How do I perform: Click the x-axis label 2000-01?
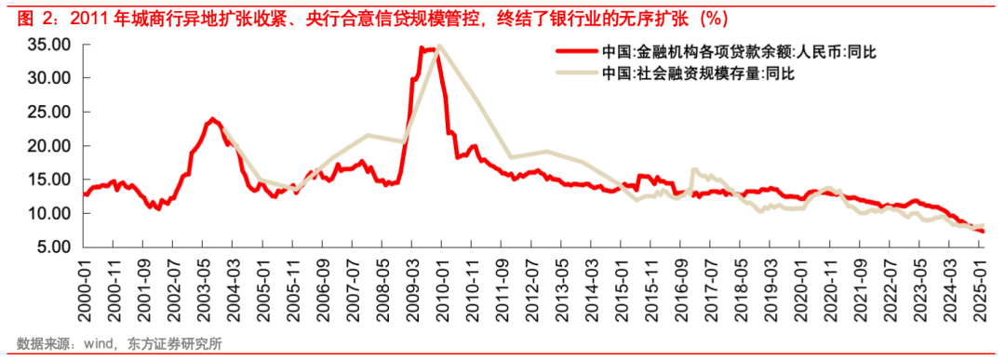coord(84,288)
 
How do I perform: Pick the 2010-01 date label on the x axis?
coord(441,288)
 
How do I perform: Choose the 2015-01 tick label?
coord(620,288)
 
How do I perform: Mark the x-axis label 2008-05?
coord(382,288)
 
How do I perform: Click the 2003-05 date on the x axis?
coord(203,288)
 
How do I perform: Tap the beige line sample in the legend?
coord(576,73)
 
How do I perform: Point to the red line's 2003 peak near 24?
coord(212,118)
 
